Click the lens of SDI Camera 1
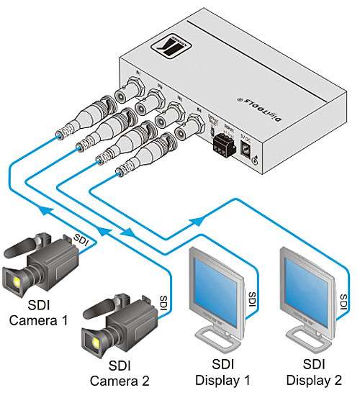pyautogui.click(x=12, y=279)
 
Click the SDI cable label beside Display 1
pyautogui.click(x=252, y=295)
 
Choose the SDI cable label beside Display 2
pyautogui.click(x=343, y=295)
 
